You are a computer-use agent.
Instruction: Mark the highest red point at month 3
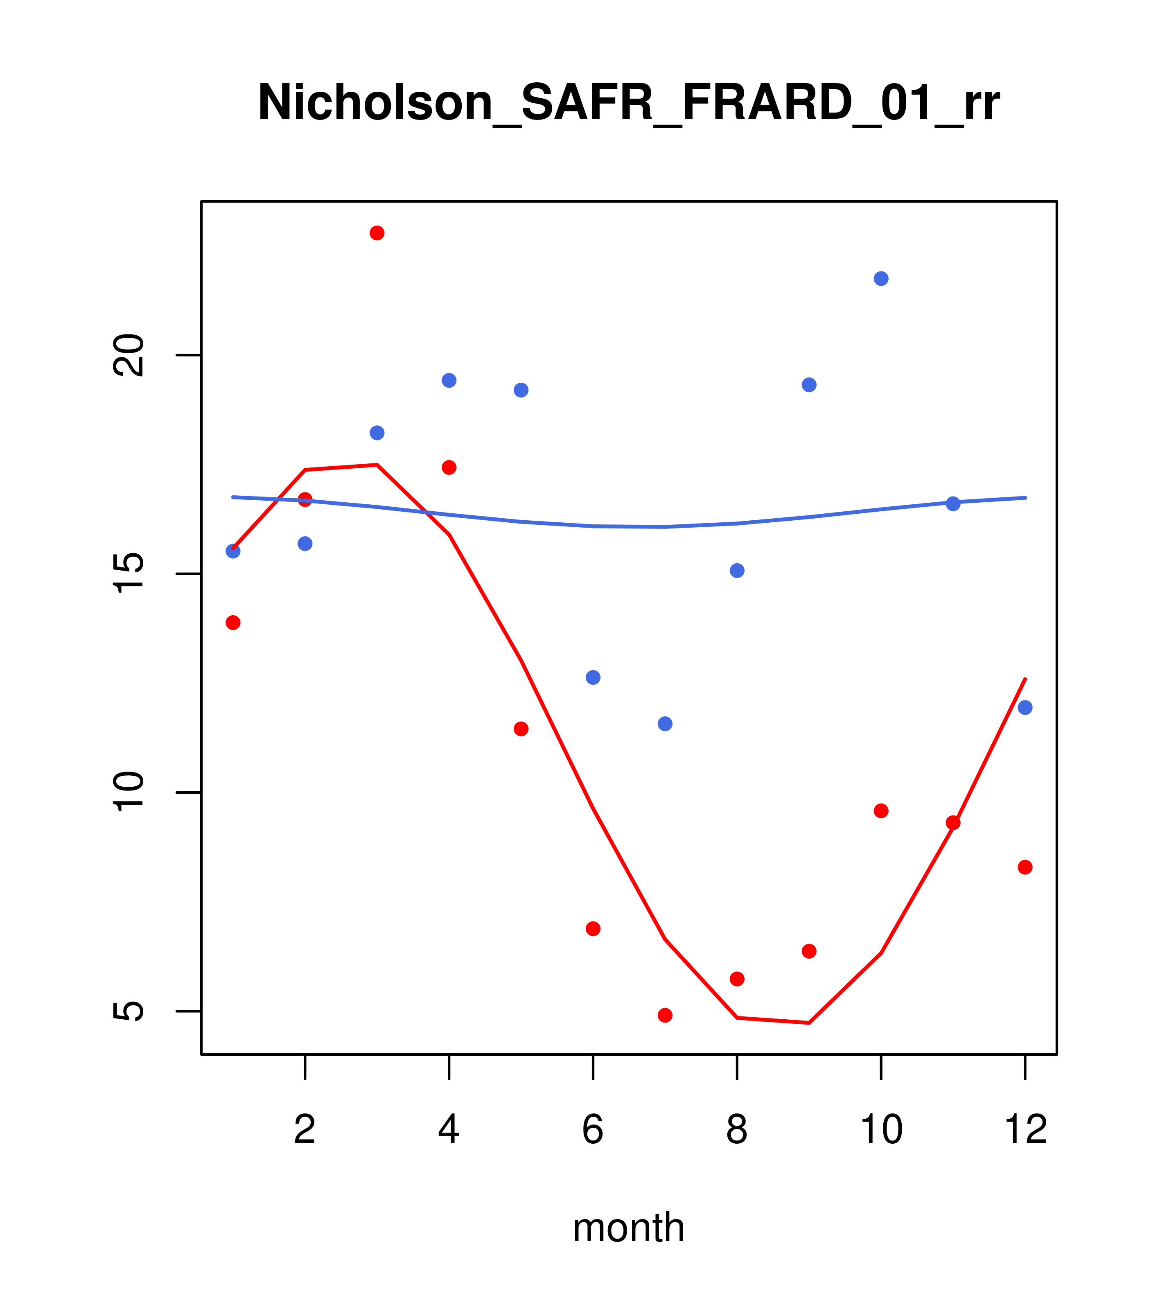click(377, 233)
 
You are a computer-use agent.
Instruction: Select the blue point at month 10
click(881, 278)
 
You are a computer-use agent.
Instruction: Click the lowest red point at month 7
click(665, 1015)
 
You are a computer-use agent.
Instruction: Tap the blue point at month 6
click(593, 677)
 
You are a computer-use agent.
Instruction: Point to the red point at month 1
click(233, 623)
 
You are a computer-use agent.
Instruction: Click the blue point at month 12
click(1025, 707)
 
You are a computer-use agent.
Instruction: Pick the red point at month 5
click(521, 729)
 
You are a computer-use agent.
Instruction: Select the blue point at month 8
click(737, 570)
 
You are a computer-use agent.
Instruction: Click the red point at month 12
click(1025, 867)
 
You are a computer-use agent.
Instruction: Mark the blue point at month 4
click(449, 381)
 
